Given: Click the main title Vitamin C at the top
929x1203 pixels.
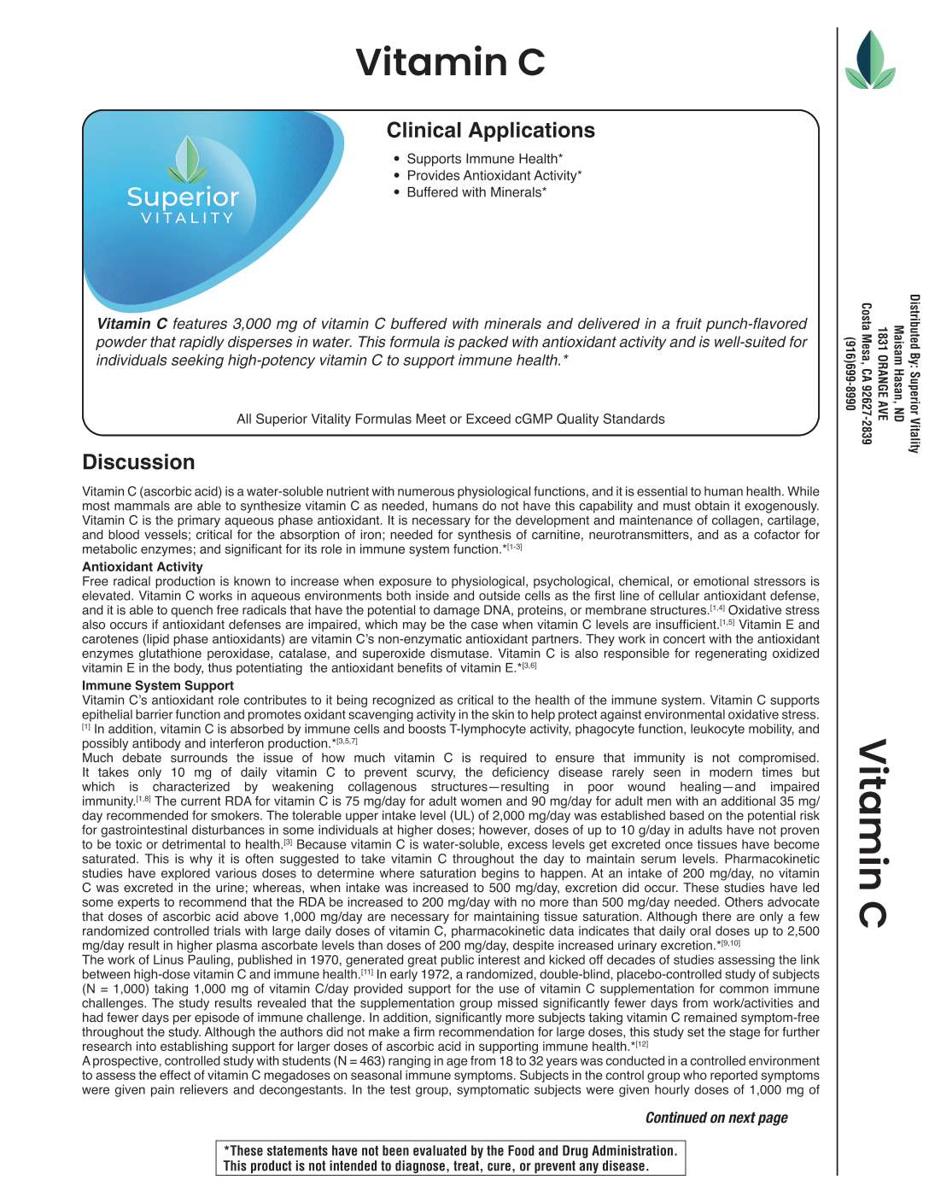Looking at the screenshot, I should [x=450, y=62].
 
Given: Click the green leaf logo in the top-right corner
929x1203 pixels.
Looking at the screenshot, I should [x=869, y=61].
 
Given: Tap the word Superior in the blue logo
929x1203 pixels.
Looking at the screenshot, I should [x=183, y=197].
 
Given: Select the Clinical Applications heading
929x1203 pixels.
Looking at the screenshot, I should [x=490, y=131].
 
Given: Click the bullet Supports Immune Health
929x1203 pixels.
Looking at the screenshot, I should [x=484, y=159].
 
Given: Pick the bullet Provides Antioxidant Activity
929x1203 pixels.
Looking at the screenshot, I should [x=494, y=176].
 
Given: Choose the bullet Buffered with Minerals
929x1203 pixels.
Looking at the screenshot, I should [x=476, y=193].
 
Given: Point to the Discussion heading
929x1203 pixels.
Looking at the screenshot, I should [x=138, y=462].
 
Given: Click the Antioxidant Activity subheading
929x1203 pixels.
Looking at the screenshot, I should [x=143, y=566].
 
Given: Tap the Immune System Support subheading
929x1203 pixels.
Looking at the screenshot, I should [x=158, y=685].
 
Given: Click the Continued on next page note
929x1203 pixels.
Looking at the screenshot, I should [x=716, y=1118].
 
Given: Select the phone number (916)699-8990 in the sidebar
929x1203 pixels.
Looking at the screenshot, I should [x=850, y=373].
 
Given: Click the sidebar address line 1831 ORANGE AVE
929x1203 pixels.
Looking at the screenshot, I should [x=882, y=373].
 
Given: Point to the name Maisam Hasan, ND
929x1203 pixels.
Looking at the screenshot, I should [x=898, y=373].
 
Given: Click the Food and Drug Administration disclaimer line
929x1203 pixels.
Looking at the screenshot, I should [x=450, y=1151].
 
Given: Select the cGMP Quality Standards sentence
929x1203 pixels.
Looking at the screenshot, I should [x=450, y=420].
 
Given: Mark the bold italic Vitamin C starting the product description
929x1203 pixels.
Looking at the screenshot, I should [x=131, y=324].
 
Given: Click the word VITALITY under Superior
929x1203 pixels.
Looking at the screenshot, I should [x=187, y=219].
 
